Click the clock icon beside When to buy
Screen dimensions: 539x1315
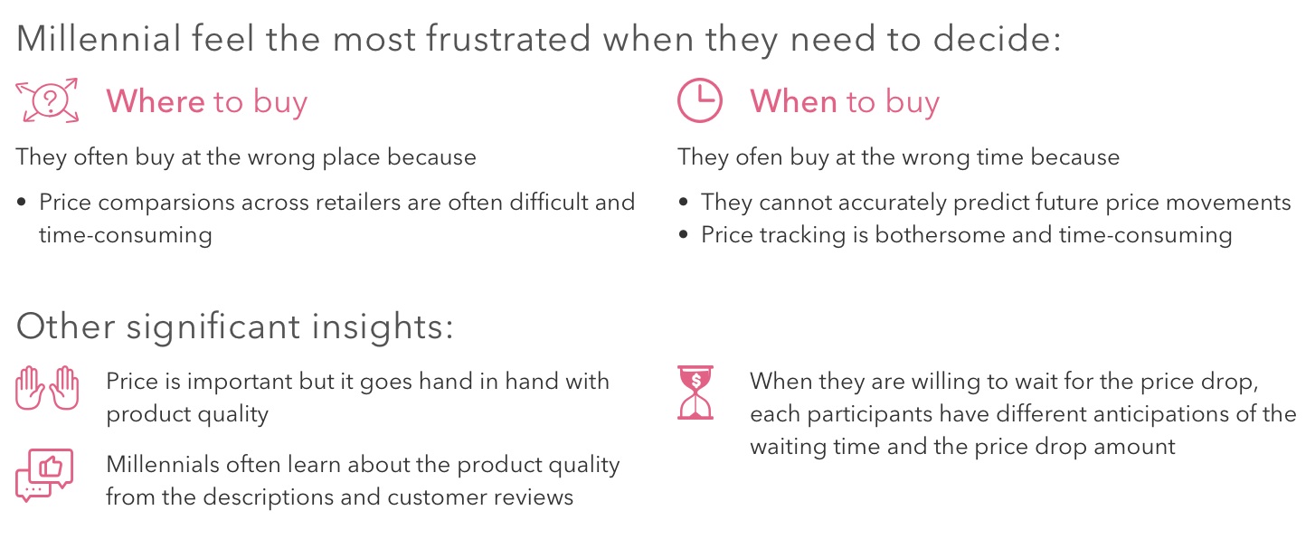[x=700, y=100]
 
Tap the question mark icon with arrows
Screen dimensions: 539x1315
[x=49, y=101]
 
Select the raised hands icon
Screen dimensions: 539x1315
[x=48, y=388]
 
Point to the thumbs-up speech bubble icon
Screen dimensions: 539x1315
[x=44, y=475]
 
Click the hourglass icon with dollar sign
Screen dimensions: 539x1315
[x=695, y=392]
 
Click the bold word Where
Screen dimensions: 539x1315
[x=156, y=101]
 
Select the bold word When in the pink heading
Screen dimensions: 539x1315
[x=793, y=101]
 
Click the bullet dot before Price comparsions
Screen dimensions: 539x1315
[x=22, y=203]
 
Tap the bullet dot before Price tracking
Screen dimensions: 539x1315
[x=684, y=236]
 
